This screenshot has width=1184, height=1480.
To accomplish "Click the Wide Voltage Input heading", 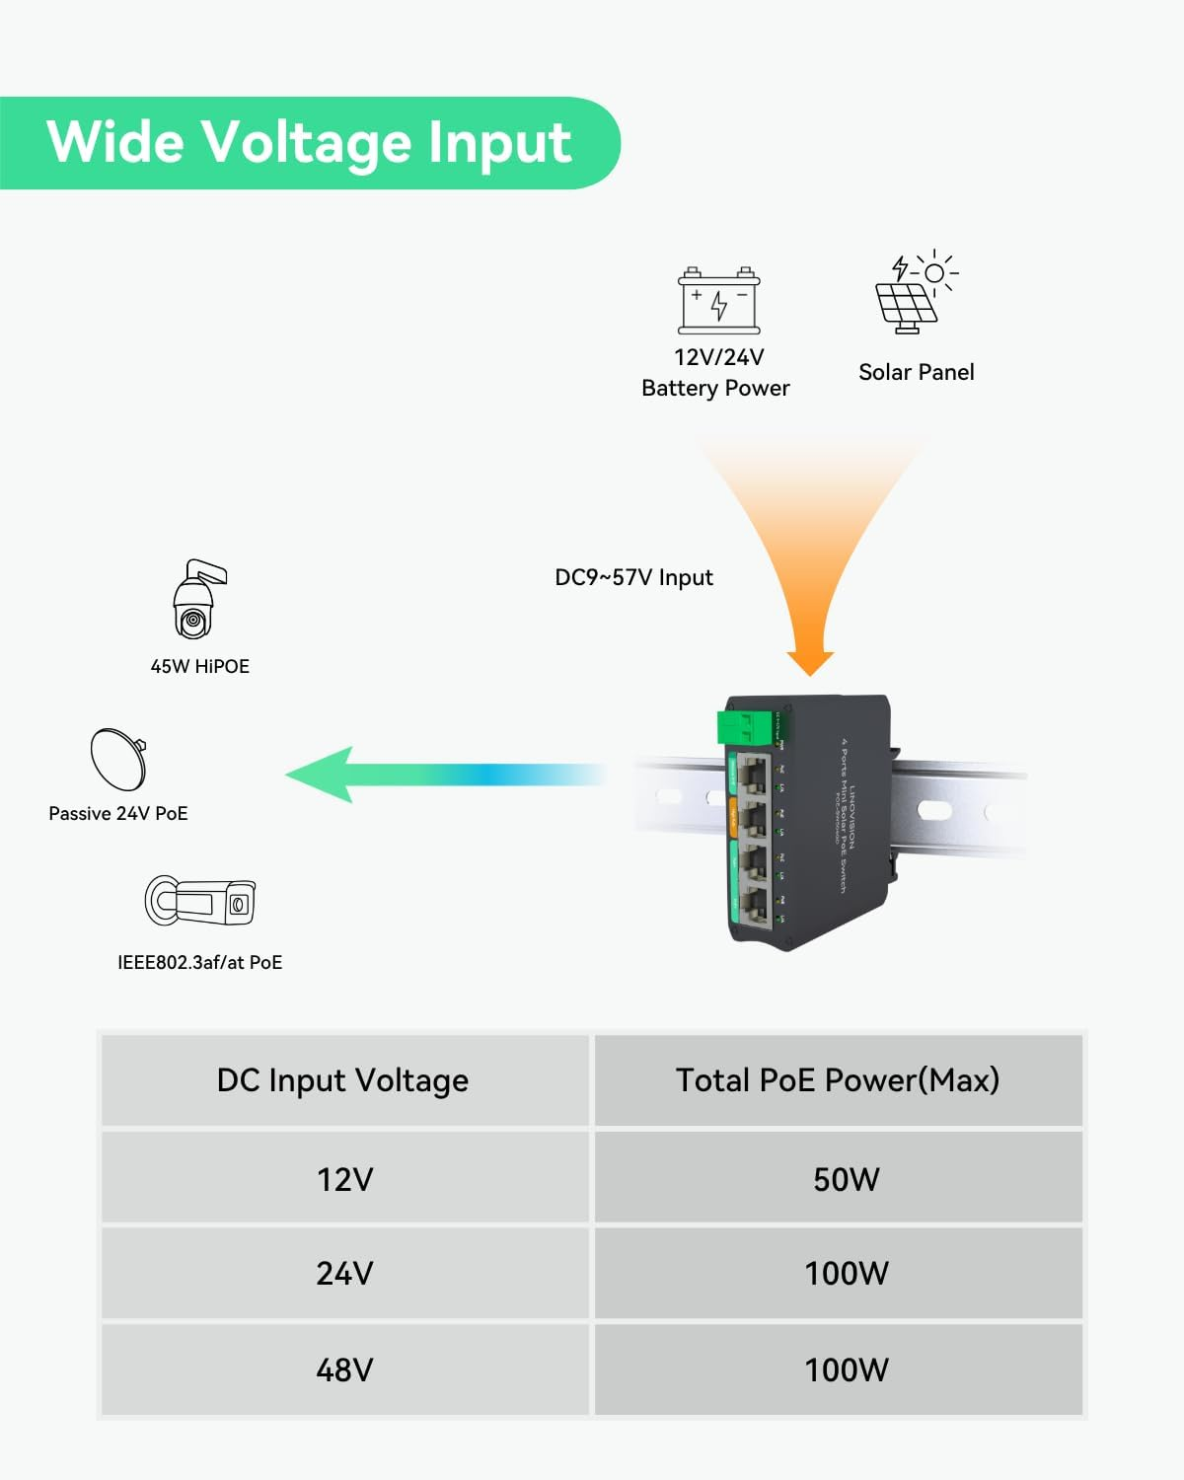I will tap(309, 142).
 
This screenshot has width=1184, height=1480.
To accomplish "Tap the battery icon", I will tap(719, 301).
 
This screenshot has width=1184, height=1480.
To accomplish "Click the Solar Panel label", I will tap(916, 372).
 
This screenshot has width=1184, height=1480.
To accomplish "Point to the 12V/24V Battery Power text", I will tap(716, 373).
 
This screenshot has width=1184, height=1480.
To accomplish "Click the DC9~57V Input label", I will tap(633, 577).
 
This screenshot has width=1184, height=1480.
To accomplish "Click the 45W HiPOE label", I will tap(199, 666).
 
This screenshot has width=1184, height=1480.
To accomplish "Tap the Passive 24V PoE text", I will tap(118, 813).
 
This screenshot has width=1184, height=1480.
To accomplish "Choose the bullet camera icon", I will tap(200, 900).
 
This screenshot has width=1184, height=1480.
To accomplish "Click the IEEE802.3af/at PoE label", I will tap(199, 962).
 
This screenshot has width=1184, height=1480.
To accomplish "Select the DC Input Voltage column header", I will tap(343, 1079).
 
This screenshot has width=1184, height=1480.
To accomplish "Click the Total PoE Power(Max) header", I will tap(838, 1079).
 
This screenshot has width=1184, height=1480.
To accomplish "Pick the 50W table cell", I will tap(846, 1179).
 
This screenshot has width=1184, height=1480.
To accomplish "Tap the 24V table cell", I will tap(344, 1273).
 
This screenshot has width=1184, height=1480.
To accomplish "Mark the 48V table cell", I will tap(344, 1369).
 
